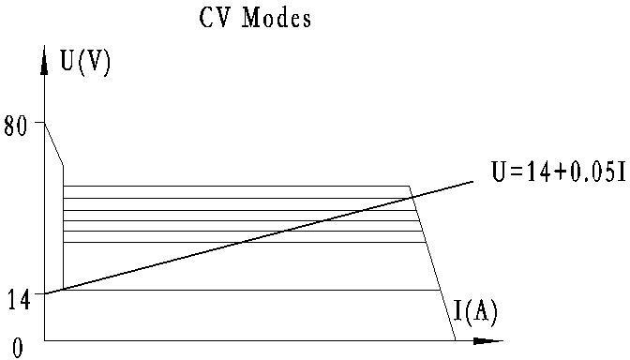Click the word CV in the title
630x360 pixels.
pos(215,19)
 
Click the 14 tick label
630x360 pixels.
pos(18,300)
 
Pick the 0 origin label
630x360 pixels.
pos(18,348)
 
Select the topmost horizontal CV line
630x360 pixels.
pos(234,187)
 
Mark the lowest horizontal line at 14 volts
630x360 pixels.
pos(234,291)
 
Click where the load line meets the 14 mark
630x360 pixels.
pos(45,293)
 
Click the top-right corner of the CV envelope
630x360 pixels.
pos(410,187)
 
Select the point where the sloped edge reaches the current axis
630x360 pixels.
pos(455,338)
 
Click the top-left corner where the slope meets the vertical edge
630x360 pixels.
pos(63,166)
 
